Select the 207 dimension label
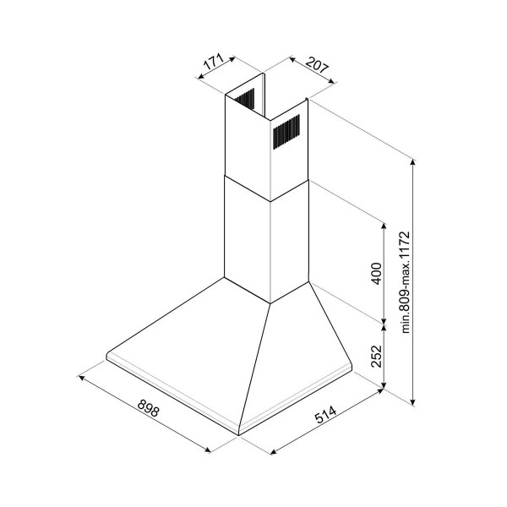(x=317, y=65)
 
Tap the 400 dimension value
(x=376, y=274)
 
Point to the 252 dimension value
(x=376, y=356)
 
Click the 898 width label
(x=149, y=408)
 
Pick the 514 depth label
(x=325, y=414)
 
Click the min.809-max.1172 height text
(x=405, y=282)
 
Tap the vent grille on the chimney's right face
(x=286, y=132)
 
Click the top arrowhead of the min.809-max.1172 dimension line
(x=412, y=161)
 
